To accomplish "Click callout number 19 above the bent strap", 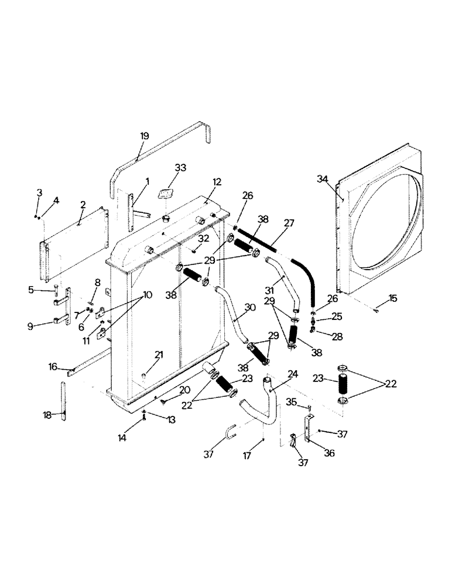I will [x=145, y=136].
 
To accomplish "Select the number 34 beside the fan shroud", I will [x=323, y=178].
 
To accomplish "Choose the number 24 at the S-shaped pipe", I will [x=293, y=374].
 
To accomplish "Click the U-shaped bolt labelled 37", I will [x=231, y=436].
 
